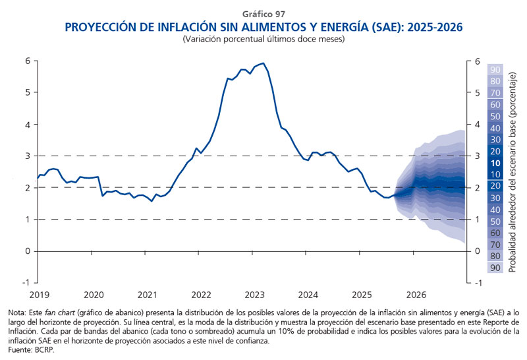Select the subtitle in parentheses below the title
[x=263, y=39]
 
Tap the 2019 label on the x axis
[x=39, y=294]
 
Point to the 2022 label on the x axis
[x=201, y=294]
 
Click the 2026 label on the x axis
[x=416, y=294]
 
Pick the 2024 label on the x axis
[x=309, y=294]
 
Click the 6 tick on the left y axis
[x=28, y=61]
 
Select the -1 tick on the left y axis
[x=26, y=282]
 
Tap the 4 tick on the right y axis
[x=477, y=125]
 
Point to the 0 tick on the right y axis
[x=477, y=251]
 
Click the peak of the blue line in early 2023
[x=263, y=63]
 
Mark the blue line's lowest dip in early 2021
[x=152, y=200]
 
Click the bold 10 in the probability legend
[x=496, y=163]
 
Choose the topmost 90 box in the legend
[x=496, y=70]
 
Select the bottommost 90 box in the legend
[x=496, y=268]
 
